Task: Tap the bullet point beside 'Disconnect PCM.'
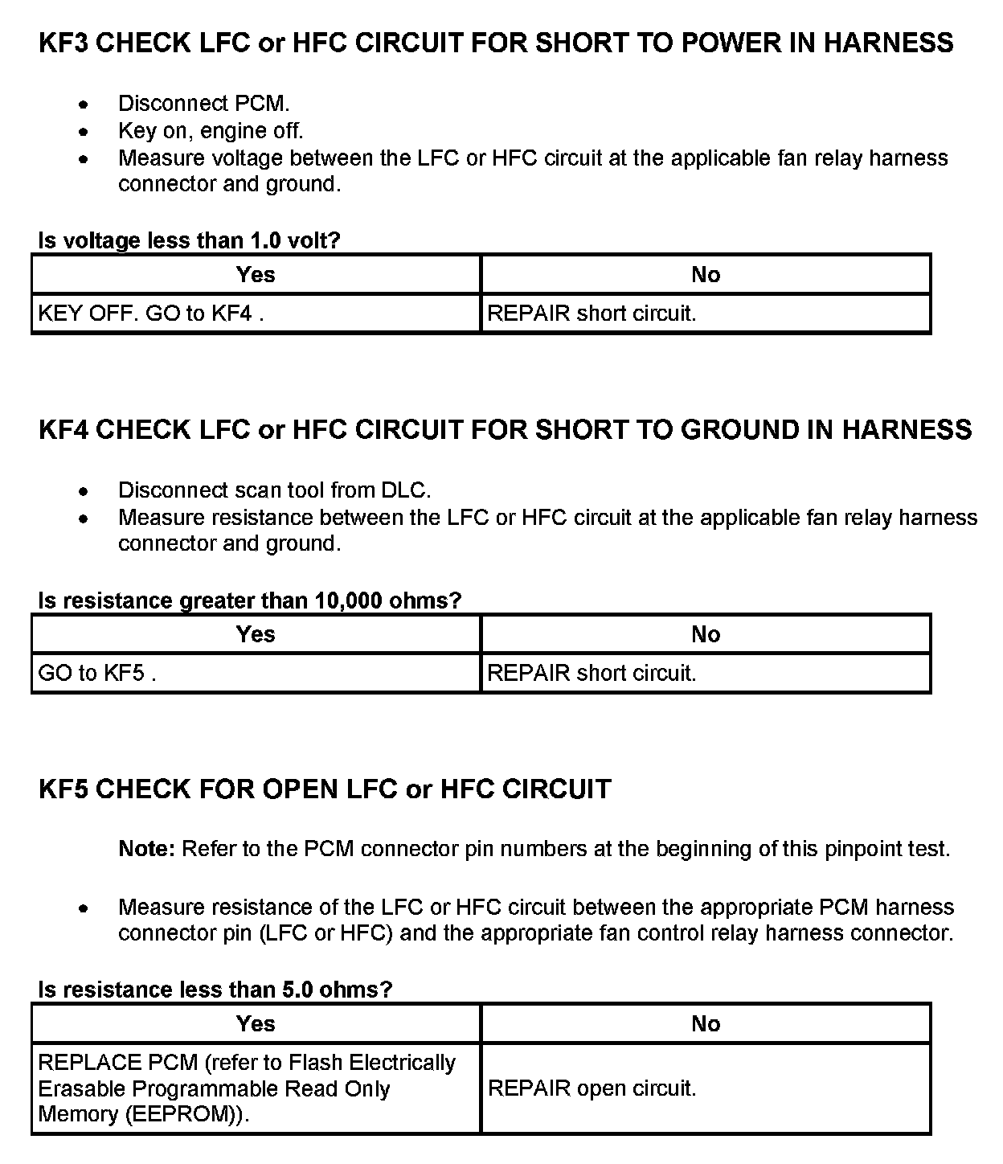tap(83, 105)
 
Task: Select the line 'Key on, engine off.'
tap(211, 130)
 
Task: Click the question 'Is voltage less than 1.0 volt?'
tap(190, 240)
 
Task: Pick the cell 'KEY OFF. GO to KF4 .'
tap(151, 314)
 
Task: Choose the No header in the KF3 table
tap(705, 275)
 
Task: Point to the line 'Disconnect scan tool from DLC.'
tap(274, 490)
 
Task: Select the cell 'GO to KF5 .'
tap(97, 673)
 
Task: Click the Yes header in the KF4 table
tap(256, 634)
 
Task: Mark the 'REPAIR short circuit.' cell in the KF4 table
tap(592, 673)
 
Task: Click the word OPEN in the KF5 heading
tap(300, 789)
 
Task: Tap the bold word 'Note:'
tap(146, 849)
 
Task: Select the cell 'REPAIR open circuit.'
tap(592, 1088)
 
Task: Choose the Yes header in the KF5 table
tap(256, 1024)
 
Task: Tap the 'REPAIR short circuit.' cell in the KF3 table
tap(592, 314)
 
